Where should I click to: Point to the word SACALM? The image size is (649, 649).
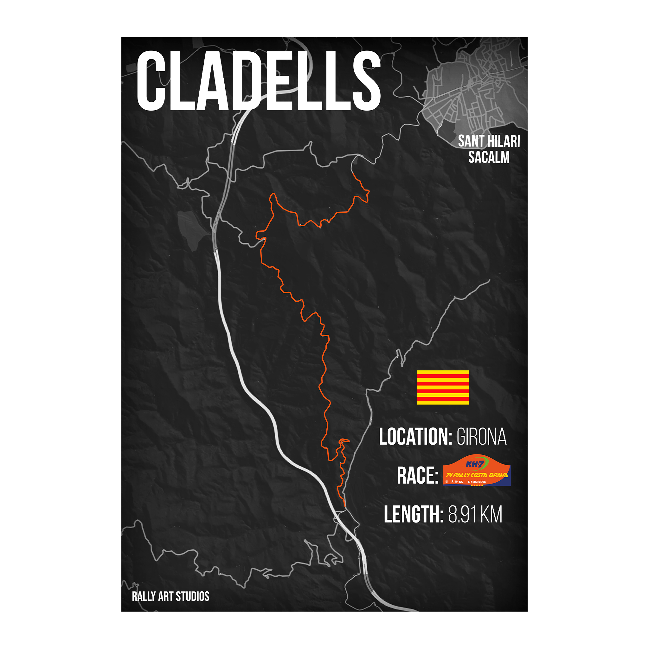(489, 157)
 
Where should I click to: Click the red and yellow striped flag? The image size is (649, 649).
(443, 387)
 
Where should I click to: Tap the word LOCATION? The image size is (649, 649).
(415, 437)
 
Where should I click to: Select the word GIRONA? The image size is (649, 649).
(481, 437)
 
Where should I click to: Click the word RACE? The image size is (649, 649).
(418, 476)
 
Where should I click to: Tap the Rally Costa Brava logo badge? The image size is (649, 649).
(477, 471)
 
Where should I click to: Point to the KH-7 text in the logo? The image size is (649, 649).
(474, 465)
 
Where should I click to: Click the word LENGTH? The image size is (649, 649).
(414, 514)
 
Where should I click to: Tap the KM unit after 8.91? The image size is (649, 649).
(492, 514)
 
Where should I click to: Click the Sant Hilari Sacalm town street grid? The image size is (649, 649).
(475, 87)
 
